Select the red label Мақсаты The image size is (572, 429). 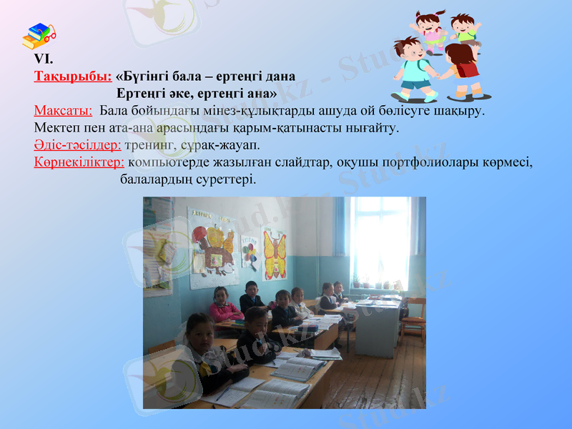pyautogui.click(x=63, y=111)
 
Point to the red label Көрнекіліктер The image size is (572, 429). pyautogui.click(x=79, y=162)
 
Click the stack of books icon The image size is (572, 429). pyautogui.click(x=39, y=36)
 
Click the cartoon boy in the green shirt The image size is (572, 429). pyautogui.click(x=465, y=30)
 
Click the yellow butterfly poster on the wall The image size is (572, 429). pyautogui.click(x=275, y=252)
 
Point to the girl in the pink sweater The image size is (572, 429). pyautogui.click(x=224, y=307)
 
